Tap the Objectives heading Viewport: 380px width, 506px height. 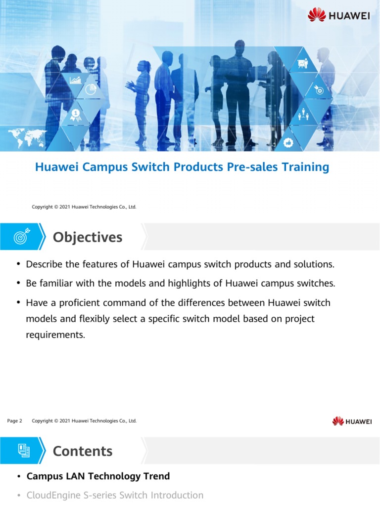click(x=88, y=237)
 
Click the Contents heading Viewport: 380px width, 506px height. click(x=83, y=451)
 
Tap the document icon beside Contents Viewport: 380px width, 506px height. click(x=23, y=450)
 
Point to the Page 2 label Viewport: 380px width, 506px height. click(x=15, y=421)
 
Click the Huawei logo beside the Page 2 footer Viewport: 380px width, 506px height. click(x=352, y=421)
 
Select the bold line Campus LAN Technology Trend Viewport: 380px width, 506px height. click(x=98, y=476)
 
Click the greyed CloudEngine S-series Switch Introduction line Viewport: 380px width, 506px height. click(x=115, y=495)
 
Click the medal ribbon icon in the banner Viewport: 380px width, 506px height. click(x=75, y=115)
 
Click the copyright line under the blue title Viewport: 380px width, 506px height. click(x=84, y=207)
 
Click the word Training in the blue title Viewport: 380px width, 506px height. click(x=305, y=167)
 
